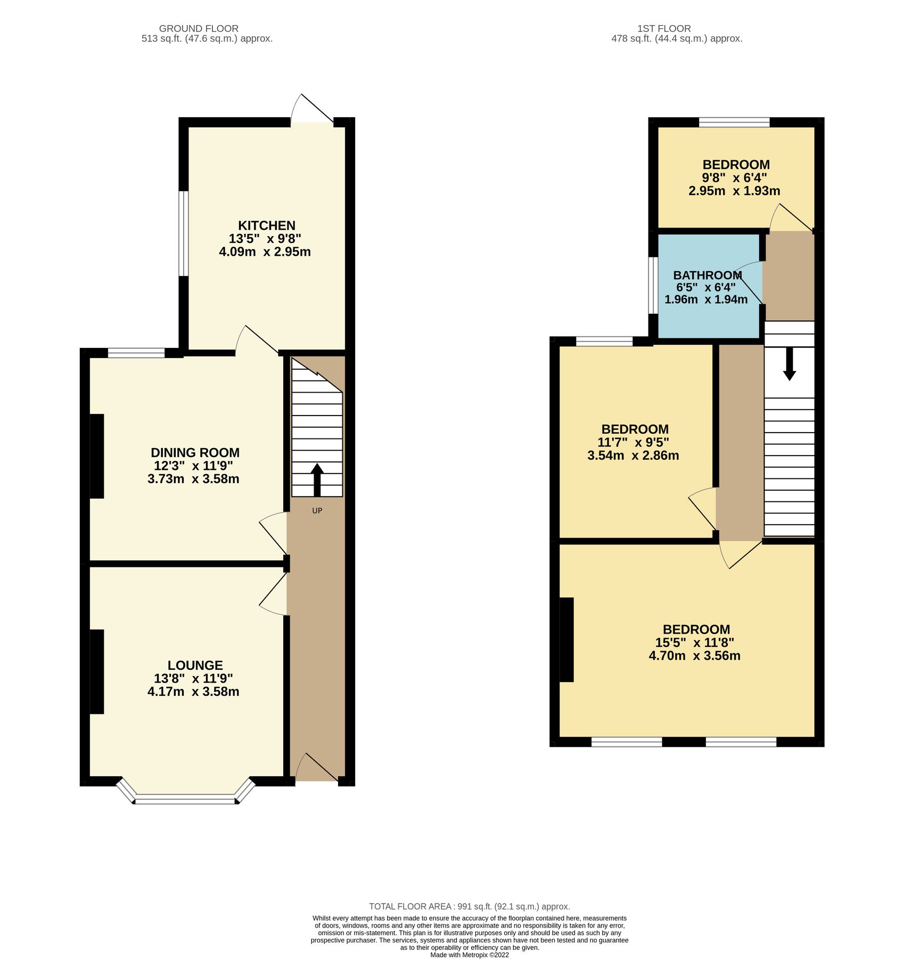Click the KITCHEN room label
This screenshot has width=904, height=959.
266,225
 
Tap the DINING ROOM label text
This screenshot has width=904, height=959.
195,453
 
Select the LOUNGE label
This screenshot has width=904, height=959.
195,665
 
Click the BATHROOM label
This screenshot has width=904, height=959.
707,275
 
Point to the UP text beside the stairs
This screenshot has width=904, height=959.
317,511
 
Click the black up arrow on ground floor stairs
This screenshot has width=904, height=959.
317,479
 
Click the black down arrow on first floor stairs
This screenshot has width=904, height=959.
790,364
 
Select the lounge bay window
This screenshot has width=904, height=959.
185,799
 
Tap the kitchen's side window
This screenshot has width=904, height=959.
183,233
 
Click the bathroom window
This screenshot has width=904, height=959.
653,286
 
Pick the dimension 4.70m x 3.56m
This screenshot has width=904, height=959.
694,656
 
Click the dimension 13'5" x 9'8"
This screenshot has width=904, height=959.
265,239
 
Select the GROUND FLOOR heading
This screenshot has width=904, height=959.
199,29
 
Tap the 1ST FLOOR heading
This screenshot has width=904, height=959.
664,29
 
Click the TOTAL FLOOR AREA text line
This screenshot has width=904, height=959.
469,906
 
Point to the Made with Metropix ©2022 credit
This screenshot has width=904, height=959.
469,955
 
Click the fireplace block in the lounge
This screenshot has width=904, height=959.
97,671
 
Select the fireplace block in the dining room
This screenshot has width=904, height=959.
97,456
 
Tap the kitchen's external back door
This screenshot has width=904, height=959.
313,110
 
